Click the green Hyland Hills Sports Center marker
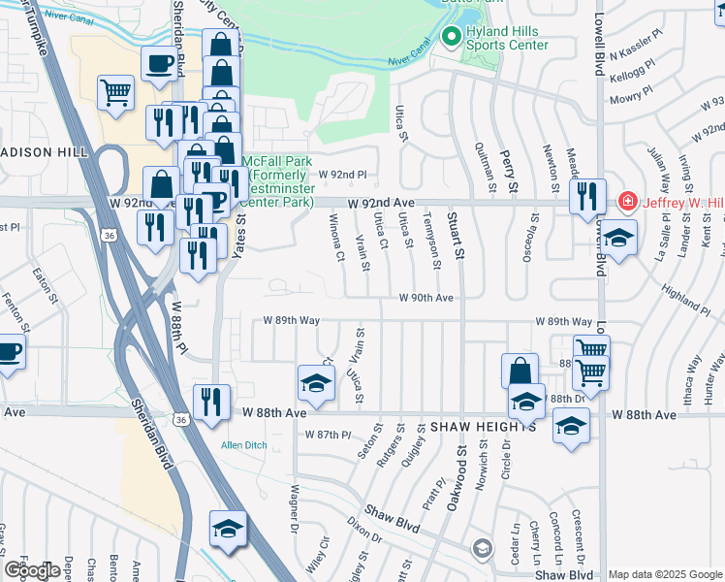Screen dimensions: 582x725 [x=450, y=37]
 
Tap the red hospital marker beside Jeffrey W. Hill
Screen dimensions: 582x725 [x=626, y=203]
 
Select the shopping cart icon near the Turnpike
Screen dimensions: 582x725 [x=115, y=93]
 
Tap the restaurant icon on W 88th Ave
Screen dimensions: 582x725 [x=210, y=401]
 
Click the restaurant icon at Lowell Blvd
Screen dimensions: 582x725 [x=587, y=197]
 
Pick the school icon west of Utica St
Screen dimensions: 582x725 [x=315, y=384]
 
